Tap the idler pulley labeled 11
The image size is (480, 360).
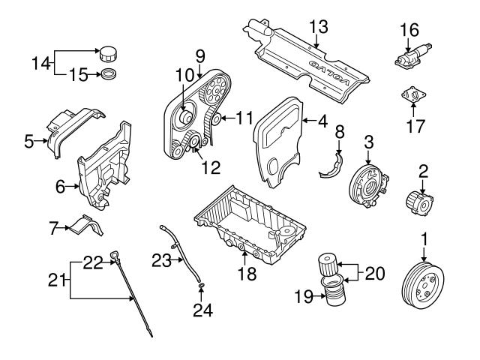tap(215, 118)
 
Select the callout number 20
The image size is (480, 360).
tap(375, 274)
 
